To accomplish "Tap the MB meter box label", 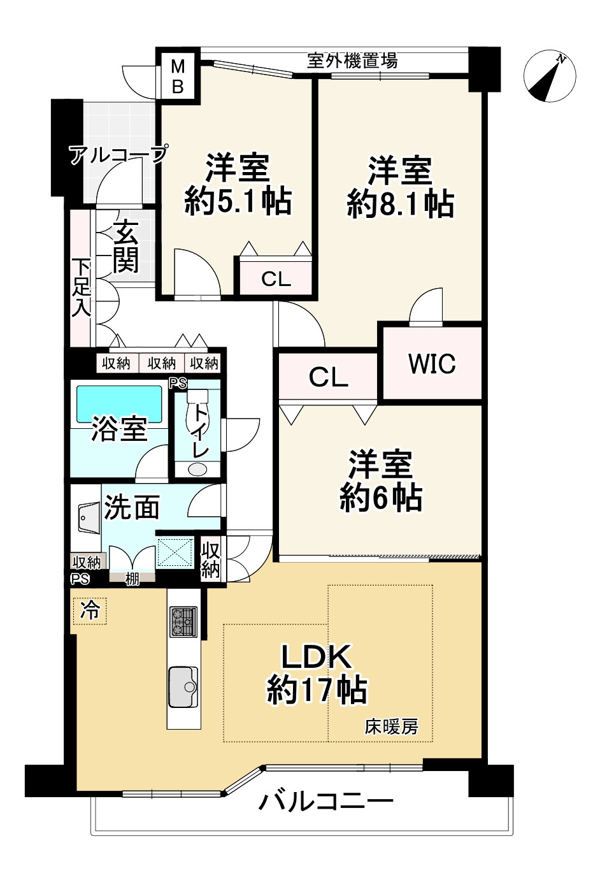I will (x=178, y=76).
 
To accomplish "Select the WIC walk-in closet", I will (x=432, y=364).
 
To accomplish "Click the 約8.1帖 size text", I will (x=401, y=205).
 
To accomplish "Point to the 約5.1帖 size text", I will (x=238, y=201).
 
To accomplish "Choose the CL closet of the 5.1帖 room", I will (x=276, y=278).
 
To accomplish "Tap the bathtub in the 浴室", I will (x=120, y=403).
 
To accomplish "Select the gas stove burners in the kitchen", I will (x=183, y=621).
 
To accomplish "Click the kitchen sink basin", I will (x=183, y=687).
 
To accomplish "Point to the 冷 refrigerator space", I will (x=90, y=610).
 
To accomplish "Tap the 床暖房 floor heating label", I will (x=391, y=726).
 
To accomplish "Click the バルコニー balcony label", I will (x=325, y=800).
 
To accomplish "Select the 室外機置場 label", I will (x=352, y=61).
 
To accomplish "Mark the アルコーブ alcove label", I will (x=118, y=154).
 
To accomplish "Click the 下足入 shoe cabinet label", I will (x=81, y=287).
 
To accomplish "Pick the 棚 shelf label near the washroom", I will (x=132, y=579).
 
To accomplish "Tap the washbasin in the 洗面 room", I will (x=86, y=518).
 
